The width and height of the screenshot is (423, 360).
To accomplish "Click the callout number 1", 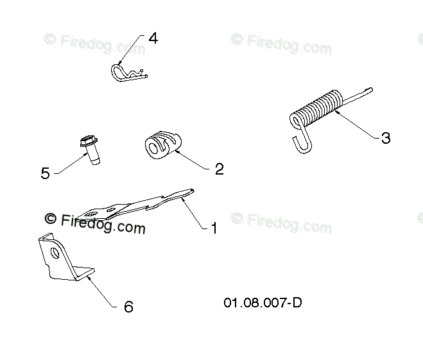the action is pos(214,228).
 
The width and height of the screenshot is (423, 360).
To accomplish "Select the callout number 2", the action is pos(219,169).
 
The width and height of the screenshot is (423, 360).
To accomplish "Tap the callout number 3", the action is pos(385,138).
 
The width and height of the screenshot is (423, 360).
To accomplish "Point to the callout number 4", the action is pos(153,38).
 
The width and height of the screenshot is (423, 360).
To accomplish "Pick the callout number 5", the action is pos(45,173).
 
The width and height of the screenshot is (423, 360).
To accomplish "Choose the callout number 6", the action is pos(128,307).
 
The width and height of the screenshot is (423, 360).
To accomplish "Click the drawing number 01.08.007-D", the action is pos(263,302).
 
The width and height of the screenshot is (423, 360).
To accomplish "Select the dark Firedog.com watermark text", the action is pos(103,224).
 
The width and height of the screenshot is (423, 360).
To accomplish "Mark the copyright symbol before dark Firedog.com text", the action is pos(50,218).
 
